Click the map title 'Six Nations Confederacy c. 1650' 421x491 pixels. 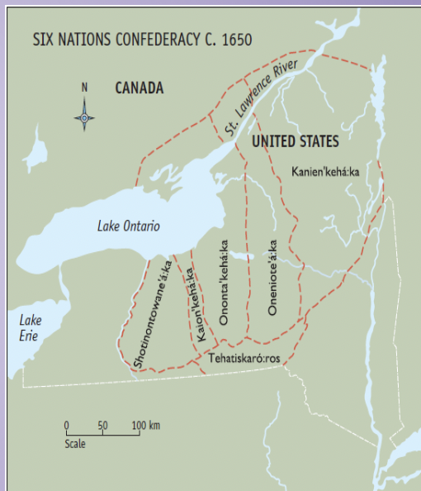click(142, 39)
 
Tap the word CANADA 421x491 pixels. click(139, 88)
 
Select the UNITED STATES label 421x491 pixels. click(295, 141)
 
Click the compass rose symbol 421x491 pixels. click(84, 117)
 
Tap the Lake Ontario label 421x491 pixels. click(128, 226)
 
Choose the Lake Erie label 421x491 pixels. click(31, 327)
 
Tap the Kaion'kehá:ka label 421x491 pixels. click(197, 303)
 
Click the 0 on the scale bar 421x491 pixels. click(66, 426)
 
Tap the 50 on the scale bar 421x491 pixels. click(102, 426)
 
